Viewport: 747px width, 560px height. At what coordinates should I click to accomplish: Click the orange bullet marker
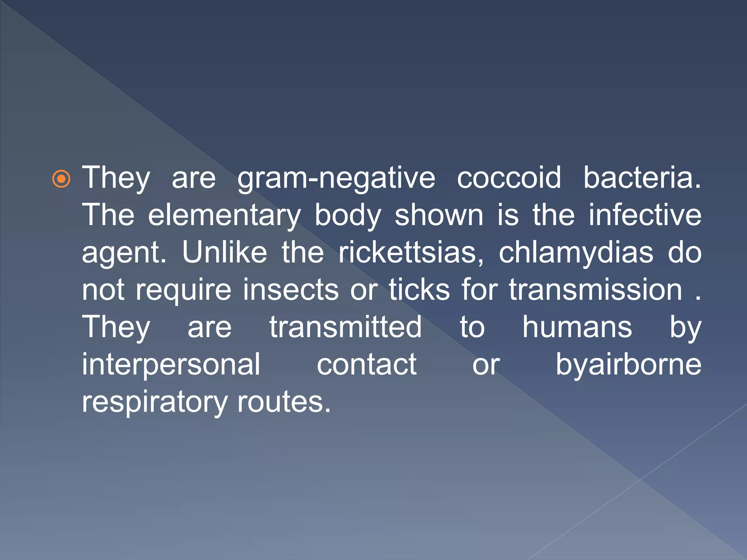(x=61, y=179)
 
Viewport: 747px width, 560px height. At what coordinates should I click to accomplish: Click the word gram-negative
(x=336, y=179)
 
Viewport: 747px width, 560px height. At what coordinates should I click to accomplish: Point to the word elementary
(x=224, y=216)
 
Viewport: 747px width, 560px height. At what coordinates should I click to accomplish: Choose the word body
(x=348, y=216)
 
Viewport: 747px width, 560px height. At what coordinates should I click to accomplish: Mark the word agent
(x=124, y=253)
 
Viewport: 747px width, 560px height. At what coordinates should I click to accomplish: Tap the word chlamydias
(x=576, y=253)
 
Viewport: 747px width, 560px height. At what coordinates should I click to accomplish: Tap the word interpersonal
(x=171, y=365)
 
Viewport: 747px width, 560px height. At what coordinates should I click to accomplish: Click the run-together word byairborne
(x=628, y=365)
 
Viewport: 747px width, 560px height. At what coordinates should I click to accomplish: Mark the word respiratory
(x=154, y=402)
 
